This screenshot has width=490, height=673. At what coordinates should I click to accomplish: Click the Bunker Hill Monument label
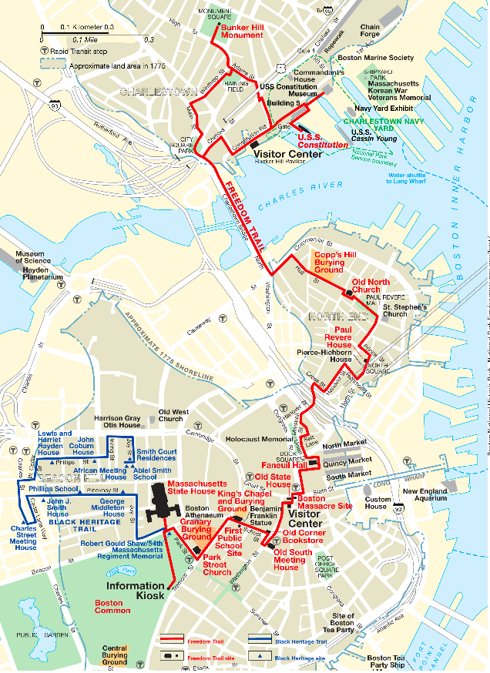[243, 30]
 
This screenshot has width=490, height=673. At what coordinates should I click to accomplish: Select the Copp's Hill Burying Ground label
[329, 263]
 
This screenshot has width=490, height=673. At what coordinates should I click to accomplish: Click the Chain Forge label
[370, 30]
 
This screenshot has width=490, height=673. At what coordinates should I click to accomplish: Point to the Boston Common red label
[112, 606]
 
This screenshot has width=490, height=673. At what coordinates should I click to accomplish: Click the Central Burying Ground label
[115, 655]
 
